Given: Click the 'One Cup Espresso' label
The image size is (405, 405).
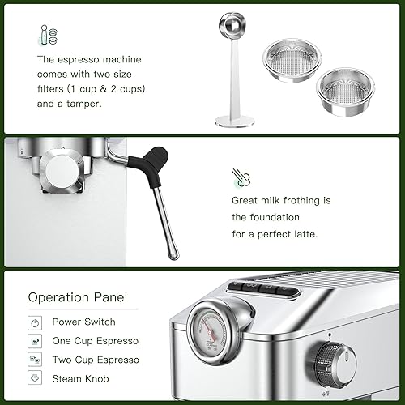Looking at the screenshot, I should click(x=95, y=340).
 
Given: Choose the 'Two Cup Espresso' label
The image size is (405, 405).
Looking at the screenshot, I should click(x=96, y=359).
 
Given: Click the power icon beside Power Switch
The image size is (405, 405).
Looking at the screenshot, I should click(x=36, y=322).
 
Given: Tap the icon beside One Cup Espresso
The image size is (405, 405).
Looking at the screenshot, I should click(x=36, y=340).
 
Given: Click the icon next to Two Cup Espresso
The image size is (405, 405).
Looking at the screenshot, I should click(x=36, y=359).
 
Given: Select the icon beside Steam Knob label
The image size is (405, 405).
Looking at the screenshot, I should click(x=36, y=378).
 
